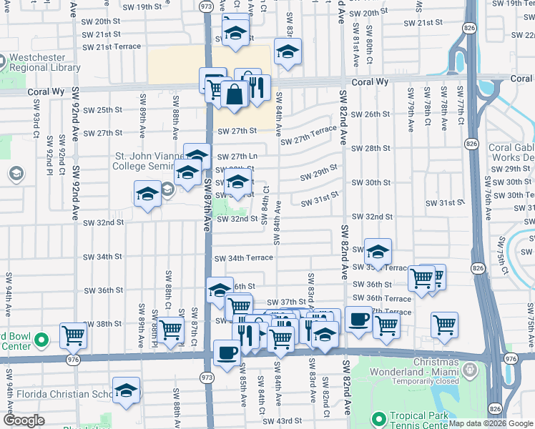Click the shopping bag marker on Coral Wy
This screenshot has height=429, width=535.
(235, 94)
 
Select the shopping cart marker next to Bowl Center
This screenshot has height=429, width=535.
(73, 334)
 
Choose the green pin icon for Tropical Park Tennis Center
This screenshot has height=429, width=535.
(377, 417)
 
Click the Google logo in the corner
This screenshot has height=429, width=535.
(24, 420)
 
